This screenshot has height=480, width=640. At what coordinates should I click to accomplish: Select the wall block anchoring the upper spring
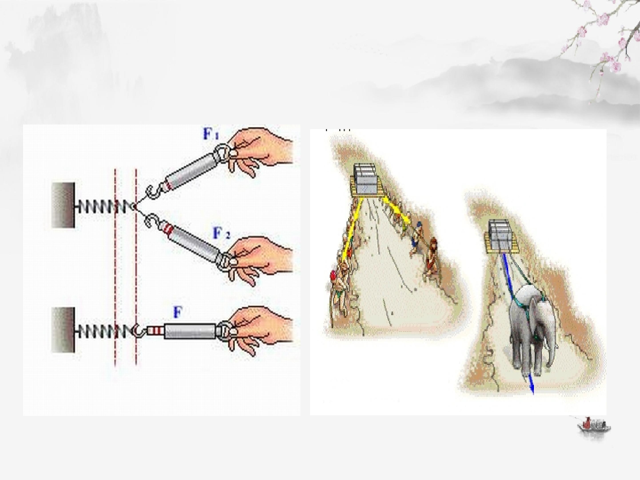coord(63,205)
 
